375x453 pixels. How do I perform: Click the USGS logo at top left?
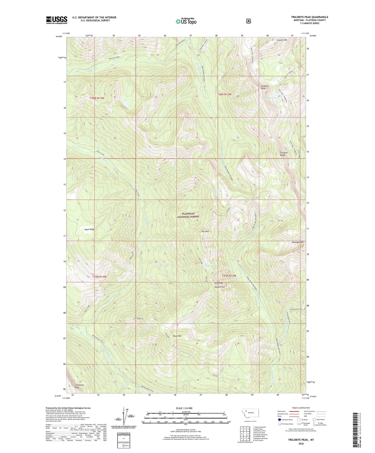[x=56, y=20]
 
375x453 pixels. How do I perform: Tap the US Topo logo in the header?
[x=186, y=21]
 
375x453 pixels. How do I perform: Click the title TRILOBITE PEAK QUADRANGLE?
[x=309, y=17]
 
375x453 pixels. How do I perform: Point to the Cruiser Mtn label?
[x=282, y=40]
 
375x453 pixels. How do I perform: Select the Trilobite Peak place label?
[x=265, y=87]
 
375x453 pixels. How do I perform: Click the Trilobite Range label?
[x=283, y=154]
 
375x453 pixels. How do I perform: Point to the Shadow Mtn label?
[x=219, y=287]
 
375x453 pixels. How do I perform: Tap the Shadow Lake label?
[x=210, y=266]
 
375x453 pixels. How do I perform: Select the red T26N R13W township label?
[x=97, y=98]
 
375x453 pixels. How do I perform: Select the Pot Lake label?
[x=218, y=191]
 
